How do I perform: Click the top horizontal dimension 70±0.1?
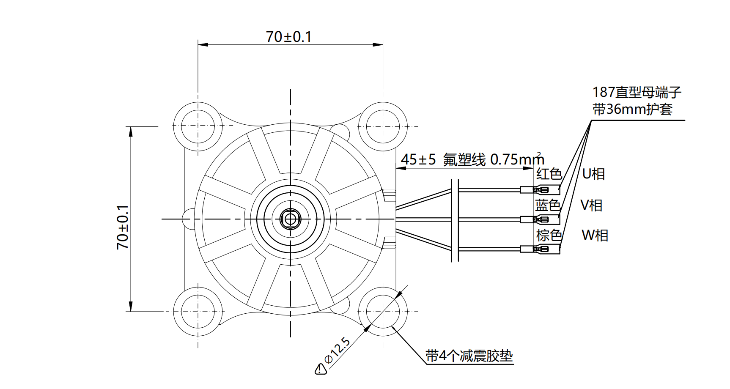pos(289,37)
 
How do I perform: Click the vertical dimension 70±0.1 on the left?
pos(123,227)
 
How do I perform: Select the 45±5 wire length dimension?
pos(418,160)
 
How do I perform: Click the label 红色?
pos(549,174)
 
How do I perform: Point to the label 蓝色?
pos(548,205)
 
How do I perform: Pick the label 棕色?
pos(549,235)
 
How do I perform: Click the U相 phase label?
pos(593,174)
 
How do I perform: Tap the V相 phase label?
pos(591,205)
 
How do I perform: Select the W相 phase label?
pos(595,235)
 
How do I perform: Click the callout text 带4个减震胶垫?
pos(469,356)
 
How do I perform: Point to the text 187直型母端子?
pos(637,92)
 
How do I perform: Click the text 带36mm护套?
pos(632,110)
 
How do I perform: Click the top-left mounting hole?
pos(198,126)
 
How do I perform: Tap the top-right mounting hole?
pos(383,126)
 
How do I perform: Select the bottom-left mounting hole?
pos(198,312)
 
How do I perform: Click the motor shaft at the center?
pos(290,219)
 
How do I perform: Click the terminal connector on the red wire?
pos(540,189)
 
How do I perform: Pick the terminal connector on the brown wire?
pos(540,249)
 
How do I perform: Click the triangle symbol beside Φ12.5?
pos(321,369)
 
